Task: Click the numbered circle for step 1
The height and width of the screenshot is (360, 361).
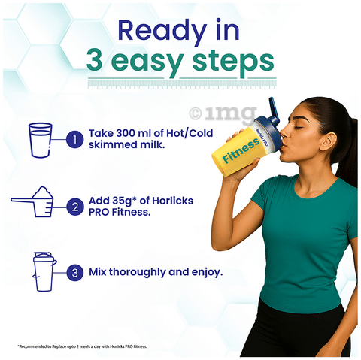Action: pos(75,139)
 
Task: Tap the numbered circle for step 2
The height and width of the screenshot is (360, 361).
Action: pos(75,207)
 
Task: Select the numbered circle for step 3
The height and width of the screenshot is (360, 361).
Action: pos(75,273)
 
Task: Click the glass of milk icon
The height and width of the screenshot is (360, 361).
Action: pos(41,140)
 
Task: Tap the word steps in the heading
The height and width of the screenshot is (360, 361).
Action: pos(233,62)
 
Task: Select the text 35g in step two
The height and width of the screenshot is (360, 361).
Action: pos(122,201)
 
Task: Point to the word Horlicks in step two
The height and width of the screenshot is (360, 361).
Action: pos(173,201)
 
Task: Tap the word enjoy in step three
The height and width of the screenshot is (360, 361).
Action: pos(205,273)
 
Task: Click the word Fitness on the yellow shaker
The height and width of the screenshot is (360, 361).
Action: pos(241,150)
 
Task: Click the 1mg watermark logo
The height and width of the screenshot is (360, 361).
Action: pos(223,114)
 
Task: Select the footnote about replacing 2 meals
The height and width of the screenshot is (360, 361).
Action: pos(82,346)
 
